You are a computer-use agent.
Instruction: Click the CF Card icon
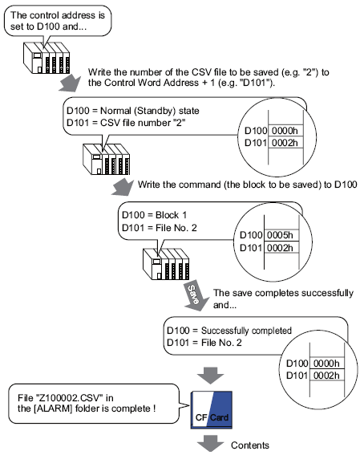point(212,410)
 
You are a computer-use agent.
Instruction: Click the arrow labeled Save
point(195,295)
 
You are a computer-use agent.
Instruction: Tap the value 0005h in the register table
point(280,235)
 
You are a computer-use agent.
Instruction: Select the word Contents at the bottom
point(250,445)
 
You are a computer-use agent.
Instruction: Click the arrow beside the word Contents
point(211,444)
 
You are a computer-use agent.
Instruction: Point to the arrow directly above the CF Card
point(211,376)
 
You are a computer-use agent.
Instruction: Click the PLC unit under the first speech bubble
point(47,58)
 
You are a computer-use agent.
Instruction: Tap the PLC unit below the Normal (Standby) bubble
point(107,160)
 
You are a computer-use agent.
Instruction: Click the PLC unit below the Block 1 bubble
point(166,264)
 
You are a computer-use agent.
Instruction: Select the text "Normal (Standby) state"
point(150,111)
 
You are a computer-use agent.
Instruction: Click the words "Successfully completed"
point(246,331)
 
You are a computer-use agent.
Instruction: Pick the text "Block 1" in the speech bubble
point(171,215)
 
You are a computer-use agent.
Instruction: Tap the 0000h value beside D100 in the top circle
point(285,131)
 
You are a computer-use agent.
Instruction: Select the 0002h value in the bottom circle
point(326,376)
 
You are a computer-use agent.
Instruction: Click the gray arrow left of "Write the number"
point(71,83)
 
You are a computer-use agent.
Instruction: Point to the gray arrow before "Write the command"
point(123,187)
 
